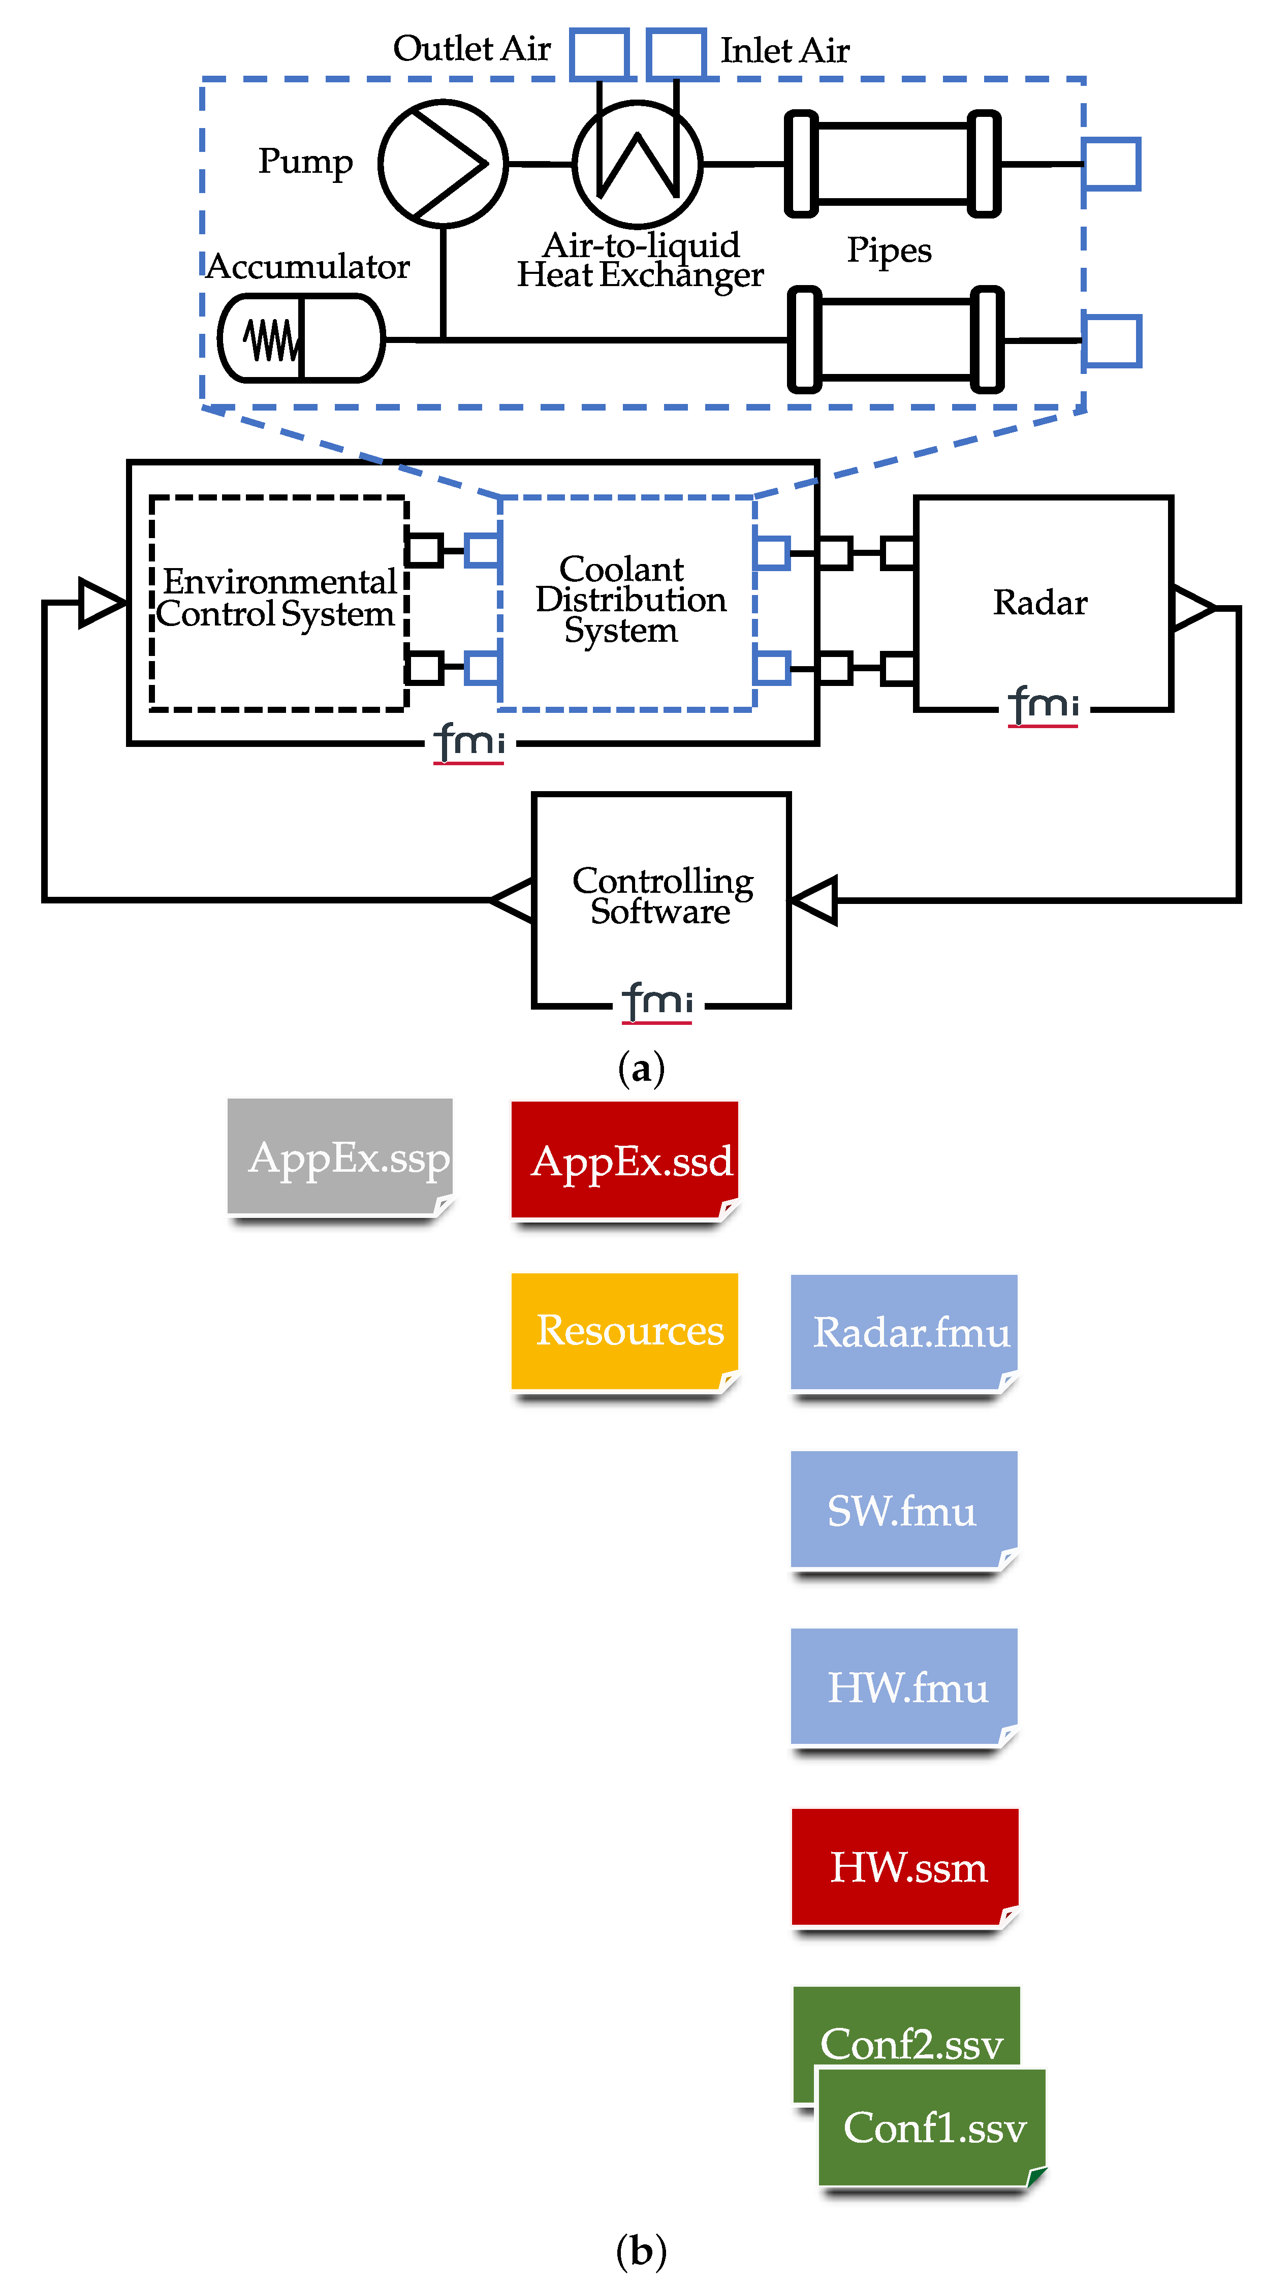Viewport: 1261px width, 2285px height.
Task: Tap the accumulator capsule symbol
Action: coord(301,338)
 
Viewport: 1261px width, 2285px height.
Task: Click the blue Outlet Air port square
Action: coord(600,53)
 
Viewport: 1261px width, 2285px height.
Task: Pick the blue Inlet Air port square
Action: coord(676,53)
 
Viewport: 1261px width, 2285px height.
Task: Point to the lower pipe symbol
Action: coord(896,339)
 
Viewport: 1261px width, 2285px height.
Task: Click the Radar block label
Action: coord(1040,602)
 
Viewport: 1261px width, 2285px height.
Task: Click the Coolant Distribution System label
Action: coord(629,600)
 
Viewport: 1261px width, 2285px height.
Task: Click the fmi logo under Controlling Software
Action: coord(657,1003)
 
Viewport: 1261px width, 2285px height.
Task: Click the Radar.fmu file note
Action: coord(904,1332)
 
